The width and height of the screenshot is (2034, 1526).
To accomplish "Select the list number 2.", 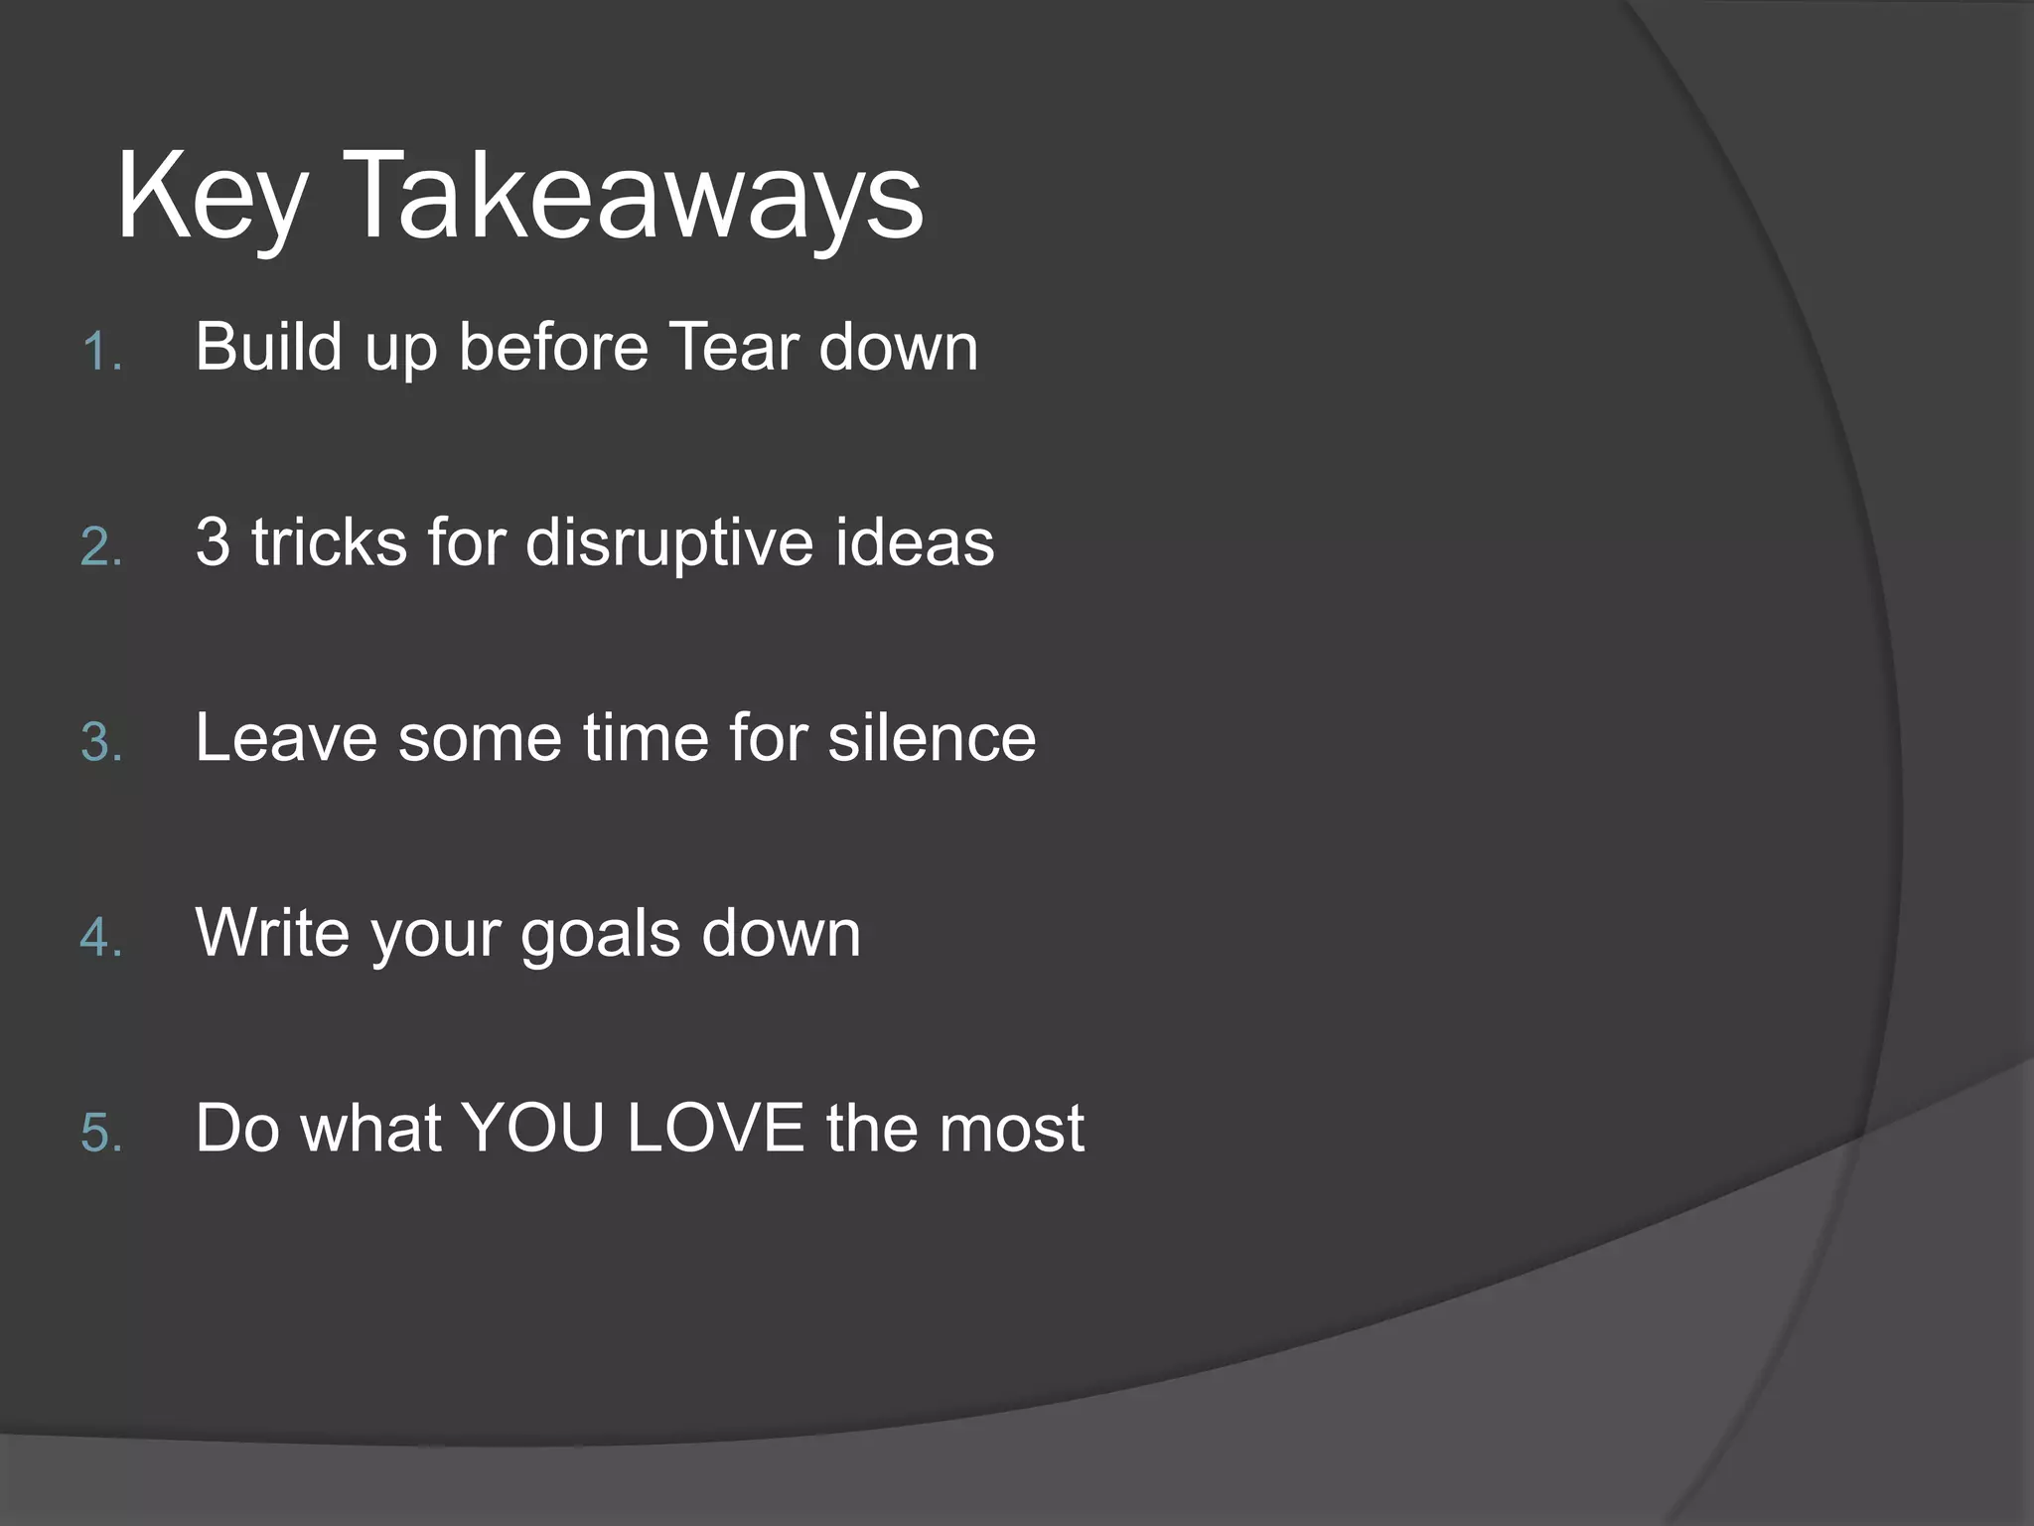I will [99, 547].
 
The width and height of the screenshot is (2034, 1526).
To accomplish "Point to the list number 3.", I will [99, 743].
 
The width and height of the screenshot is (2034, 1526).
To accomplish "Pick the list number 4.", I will [99, 938].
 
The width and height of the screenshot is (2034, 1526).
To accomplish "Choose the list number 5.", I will [99, 1134].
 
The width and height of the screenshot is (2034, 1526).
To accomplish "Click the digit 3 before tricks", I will [213, 542].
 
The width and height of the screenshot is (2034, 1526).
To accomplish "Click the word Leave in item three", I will [286, 738].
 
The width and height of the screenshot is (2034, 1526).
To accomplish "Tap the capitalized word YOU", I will [533, 1129].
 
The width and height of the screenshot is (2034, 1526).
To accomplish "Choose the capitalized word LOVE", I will [715, 1129].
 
